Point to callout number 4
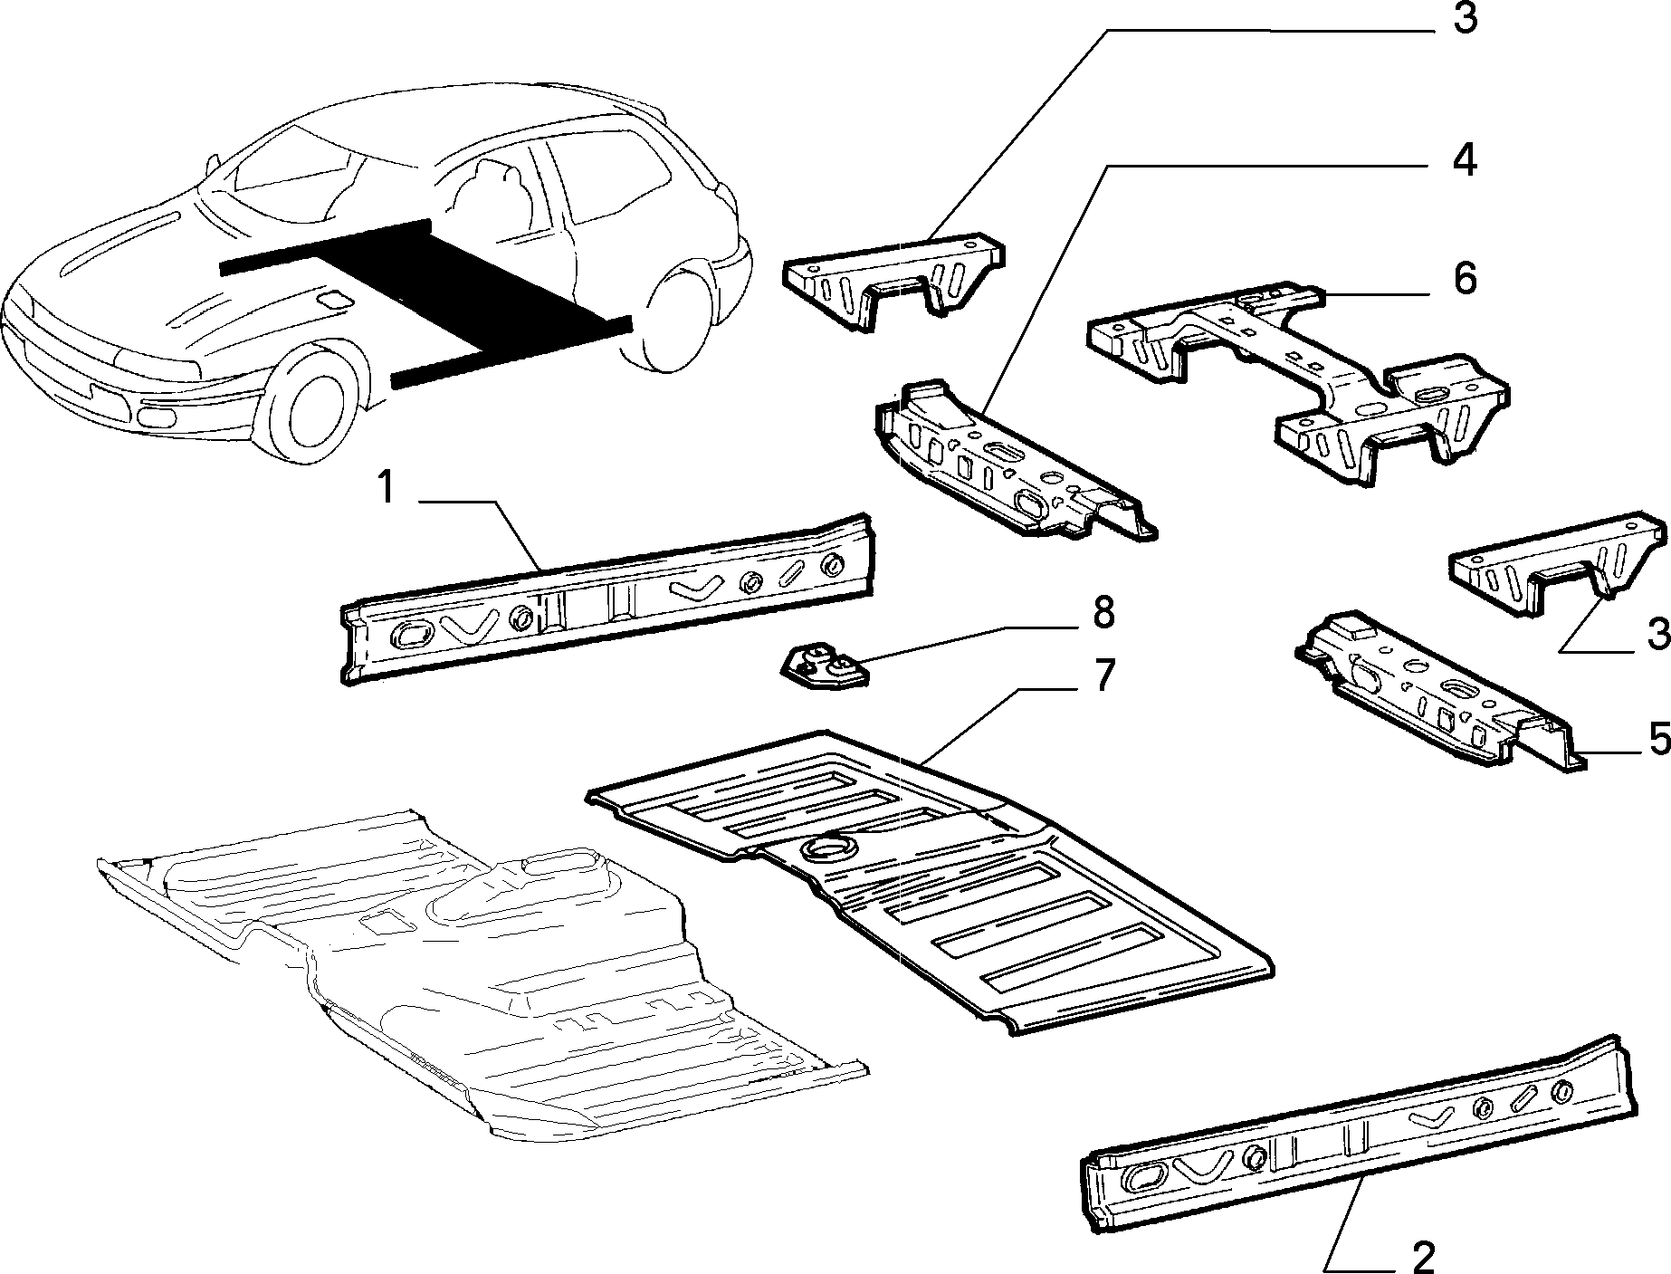(x=1464, y=160)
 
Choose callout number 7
(x=1103, y=675)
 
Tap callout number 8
(x=1103, y=613)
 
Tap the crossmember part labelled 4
(x=1014, y=462)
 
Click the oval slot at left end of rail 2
(x=1141, y=1177)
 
